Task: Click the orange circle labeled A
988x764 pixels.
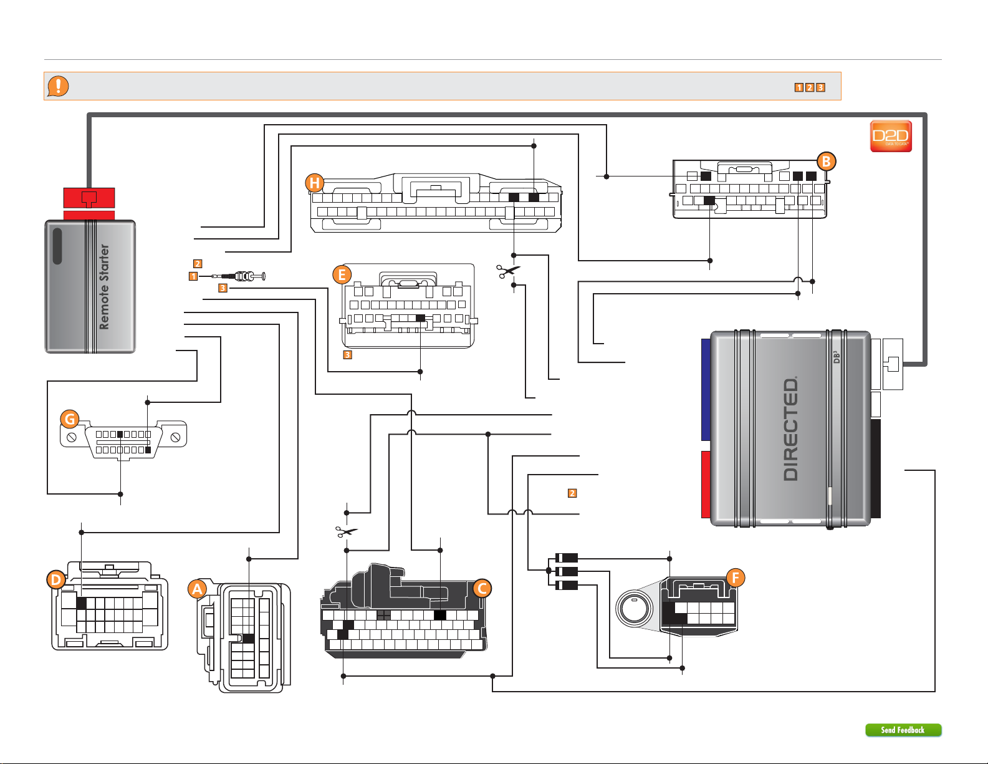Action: click(198, 588)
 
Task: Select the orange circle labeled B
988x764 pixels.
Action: click(826, 162)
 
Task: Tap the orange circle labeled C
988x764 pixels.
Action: click(482, 588)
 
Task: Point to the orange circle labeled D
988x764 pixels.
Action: click(56, 580)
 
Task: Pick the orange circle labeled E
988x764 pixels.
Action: click(342, 274)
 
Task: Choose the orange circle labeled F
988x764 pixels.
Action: click(735, 578)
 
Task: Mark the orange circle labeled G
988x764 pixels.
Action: click(70, 419)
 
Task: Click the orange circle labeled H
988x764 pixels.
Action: click(315, 183)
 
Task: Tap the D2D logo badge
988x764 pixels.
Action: click(891, 136)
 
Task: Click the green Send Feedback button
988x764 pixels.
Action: click(903, 730)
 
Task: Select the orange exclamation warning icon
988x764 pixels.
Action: click(58, 85)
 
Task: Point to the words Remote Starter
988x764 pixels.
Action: click(104, 287)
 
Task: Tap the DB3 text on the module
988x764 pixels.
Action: click(836, 357)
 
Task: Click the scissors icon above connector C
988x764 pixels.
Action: click(347, 532)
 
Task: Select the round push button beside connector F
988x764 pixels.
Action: click(633, 607)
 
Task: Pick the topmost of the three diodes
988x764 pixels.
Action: click(566, 558)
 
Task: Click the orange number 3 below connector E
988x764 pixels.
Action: click(348, 355)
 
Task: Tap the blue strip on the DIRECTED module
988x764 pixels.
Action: click(706, 390)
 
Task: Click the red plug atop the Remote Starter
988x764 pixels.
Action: click(89, 198)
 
